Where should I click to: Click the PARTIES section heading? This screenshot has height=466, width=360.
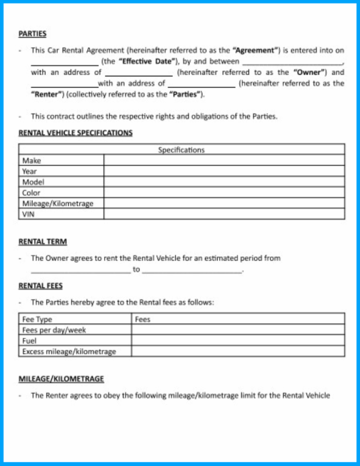click(32, 34)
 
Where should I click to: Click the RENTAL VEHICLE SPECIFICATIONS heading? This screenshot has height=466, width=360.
click(75, 133)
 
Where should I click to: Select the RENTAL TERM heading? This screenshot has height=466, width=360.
click(42, 242)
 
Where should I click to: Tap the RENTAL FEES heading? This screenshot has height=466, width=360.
click(41, 286)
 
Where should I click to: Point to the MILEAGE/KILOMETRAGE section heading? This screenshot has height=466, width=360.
click(61, 379)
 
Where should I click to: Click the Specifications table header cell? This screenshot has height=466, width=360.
click(181, 150)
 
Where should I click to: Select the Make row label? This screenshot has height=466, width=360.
click(32, 161)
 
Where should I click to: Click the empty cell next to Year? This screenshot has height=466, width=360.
click(224, 171)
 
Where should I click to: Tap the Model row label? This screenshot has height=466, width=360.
click(33, 182)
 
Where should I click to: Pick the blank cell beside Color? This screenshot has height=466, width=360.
click(224, 192)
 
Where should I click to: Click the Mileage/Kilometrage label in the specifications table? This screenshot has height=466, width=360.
click(57, 203)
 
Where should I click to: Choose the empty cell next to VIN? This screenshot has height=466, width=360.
click(224, 214)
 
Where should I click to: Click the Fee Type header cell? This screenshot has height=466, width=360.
click(37, 319)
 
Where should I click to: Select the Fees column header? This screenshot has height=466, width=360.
click(142, 319)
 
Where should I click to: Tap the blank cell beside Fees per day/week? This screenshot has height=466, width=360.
click(237, 330)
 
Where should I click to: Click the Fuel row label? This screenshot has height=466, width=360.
click(30, 341)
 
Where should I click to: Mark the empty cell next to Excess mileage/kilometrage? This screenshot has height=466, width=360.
click(237, 351)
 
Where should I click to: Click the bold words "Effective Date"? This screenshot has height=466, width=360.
click(146, 62)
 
